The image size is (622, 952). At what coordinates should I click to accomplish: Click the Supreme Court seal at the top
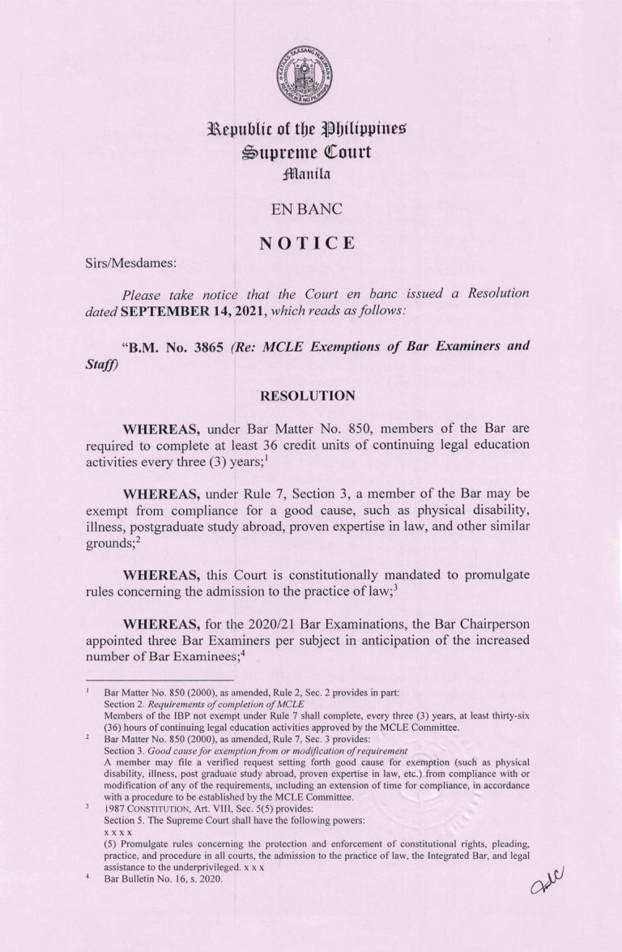[311, 75]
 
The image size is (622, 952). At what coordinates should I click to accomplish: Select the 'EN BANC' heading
[311, 210]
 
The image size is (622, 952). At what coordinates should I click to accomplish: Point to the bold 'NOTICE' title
[311, 241]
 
